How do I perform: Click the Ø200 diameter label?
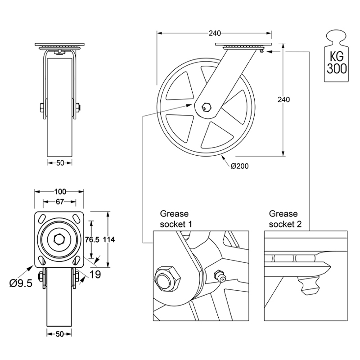240,166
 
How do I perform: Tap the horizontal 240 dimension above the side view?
215,33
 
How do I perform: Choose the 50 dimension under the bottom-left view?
60,334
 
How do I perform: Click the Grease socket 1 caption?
175,219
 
